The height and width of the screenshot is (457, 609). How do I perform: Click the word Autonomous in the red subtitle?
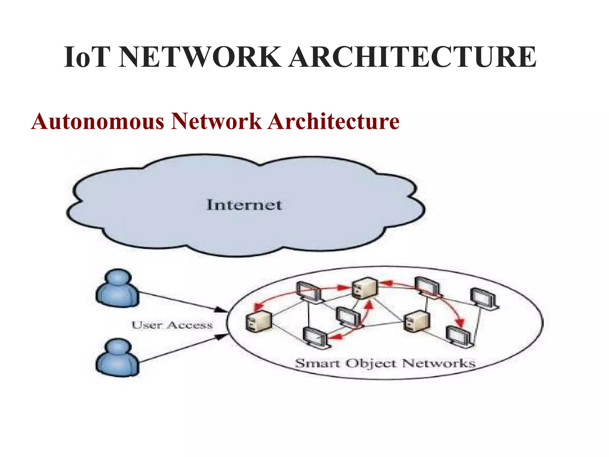tap(98, 121)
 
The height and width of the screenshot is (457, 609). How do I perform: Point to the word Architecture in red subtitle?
tap(333, 121)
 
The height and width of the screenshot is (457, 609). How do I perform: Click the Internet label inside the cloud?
tap(244, 205)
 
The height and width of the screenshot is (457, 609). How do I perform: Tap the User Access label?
tap(172, 325)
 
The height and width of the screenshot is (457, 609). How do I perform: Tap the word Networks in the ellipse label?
tap(439, 364)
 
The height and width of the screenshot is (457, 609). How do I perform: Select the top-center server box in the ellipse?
tap(365, 288)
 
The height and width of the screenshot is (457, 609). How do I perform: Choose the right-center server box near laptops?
tap(417, 321)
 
